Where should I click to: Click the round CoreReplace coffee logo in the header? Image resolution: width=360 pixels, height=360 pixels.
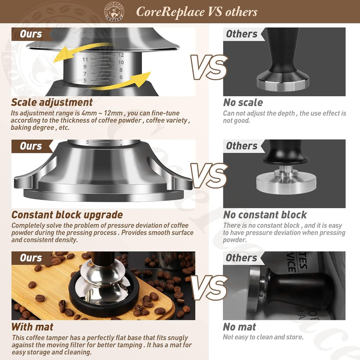pyautogui.click(x=114, y=11)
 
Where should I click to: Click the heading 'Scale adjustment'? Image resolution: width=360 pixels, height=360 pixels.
pyautogui.click(x=52, y=102)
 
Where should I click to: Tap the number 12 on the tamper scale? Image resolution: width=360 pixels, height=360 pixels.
pyautogui.click(x=121, y=55)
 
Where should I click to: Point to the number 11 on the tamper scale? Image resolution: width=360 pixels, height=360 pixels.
pyautogui.click(x=85, y=60)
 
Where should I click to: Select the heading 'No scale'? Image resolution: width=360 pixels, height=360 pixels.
pyautogui.click(x=243, y=103)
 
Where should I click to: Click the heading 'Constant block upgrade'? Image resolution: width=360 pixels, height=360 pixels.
pyautogui.click(x=67, y=215)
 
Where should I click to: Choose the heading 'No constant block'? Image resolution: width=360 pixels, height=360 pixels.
pyautogui.click(x=265, y=215)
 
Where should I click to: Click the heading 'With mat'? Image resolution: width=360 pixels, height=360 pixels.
pyautogui.click(x=32, y=327)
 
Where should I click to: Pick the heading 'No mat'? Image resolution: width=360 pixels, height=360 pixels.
pyautogui.click(x=239, y=327)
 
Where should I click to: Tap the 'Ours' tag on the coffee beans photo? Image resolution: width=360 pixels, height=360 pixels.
pyautogui.click(x=31, y=258)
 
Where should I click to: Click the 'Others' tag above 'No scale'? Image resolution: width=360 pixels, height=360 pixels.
pyautogui.click(x=242, y=34)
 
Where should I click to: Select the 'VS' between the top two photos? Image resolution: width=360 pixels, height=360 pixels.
pyautogui.click(x=209, y=67)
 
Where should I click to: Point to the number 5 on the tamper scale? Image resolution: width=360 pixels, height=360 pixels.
pyautogui.click(x=85, y=81)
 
